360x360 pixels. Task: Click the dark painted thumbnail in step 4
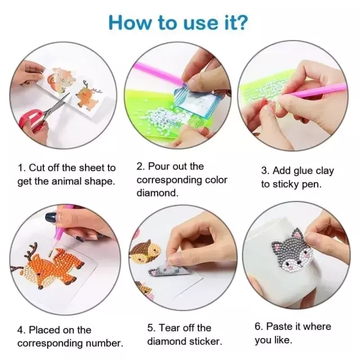51,217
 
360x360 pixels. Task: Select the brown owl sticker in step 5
145,252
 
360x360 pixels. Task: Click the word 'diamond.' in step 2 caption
157,192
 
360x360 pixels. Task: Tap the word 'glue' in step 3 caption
299,171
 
